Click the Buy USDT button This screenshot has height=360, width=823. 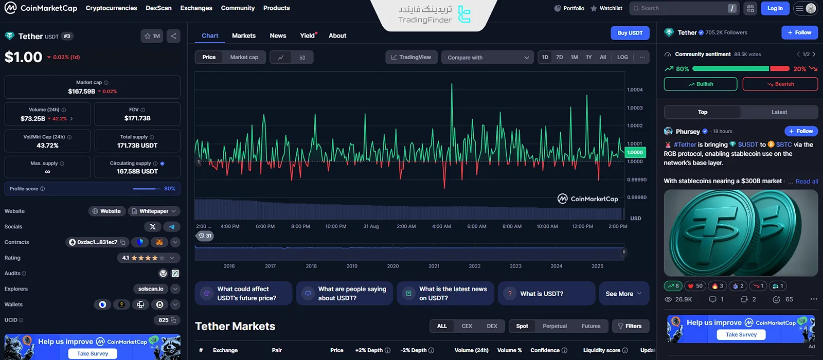pos(630,33)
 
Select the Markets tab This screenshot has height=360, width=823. pos(244,35)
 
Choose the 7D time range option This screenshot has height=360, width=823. pos(560,57)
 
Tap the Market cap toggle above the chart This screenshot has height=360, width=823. pos(244,57)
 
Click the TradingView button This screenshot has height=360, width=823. pos(411,57)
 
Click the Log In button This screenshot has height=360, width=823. pos(775,8)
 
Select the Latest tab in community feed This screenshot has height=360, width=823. pos(779,112)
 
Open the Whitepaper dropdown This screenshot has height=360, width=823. pos(154,211)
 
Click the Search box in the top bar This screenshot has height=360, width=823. pos(679,8)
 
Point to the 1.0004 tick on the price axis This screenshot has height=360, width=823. pos(635,90)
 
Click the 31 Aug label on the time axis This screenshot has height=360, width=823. pos(371,226)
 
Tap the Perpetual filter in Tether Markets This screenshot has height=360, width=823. pos(554,326)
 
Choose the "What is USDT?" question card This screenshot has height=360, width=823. pos(546,294)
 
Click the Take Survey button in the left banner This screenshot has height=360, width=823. pos(93,354)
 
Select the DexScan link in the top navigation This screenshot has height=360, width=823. pos(158,8)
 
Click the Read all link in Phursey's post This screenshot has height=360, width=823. pos(807,182)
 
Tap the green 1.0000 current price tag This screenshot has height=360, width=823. pos(635,152)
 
